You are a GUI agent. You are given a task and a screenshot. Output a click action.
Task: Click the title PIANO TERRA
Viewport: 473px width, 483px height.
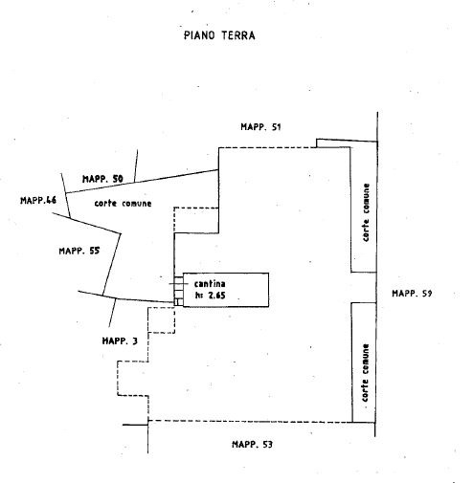219,35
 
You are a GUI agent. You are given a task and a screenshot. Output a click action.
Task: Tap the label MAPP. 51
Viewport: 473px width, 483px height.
260,127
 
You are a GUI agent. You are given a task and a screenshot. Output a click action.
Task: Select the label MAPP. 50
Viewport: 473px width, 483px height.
102,179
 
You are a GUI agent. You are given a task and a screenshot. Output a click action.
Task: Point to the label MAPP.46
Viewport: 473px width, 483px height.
38,200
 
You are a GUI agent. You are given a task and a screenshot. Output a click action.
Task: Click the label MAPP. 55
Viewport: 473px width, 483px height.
79,251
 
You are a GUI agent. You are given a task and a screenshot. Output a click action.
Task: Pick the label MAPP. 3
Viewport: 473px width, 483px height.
120,340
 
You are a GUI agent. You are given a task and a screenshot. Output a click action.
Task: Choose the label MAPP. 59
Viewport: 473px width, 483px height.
412,294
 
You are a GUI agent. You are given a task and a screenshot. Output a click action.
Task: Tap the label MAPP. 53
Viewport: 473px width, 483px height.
252,444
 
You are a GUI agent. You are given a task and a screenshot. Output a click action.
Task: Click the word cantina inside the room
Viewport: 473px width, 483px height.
210,283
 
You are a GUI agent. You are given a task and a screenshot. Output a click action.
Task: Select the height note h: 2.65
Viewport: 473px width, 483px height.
210,296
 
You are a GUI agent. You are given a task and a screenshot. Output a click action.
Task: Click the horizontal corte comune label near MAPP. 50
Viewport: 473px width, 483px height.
123,203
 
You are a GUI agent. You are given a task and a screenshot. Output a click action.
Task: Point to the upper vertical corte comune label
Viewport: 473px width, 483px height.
366,212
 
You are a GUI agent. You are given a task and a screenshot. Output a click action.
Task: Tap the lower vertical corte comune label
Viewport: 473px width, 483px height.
365,373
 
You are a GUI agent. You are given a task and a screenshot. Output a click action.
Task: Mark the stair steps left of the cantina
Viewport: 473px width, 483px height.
178,290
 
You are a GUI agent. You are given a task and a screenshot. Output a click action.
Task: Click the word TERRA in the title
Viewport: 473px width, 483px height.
238,35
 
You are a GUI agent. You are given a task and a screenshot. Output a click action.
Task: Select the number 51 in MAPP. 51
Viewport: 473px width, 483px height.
277,127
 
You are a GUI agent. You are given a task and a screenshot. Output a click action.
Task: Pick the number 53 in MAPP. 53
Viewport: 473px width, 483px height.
267,444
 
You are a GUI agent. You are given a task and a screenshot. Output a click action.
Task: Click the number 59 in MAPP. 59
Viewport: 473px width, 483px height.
427,294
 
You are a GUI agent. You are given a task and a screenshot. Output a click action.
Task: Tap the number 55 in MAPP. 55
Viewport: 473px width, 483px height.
95,251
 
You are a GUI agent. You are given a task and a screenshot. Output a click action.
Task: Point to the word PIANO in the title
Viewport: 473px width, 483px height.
199,35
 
